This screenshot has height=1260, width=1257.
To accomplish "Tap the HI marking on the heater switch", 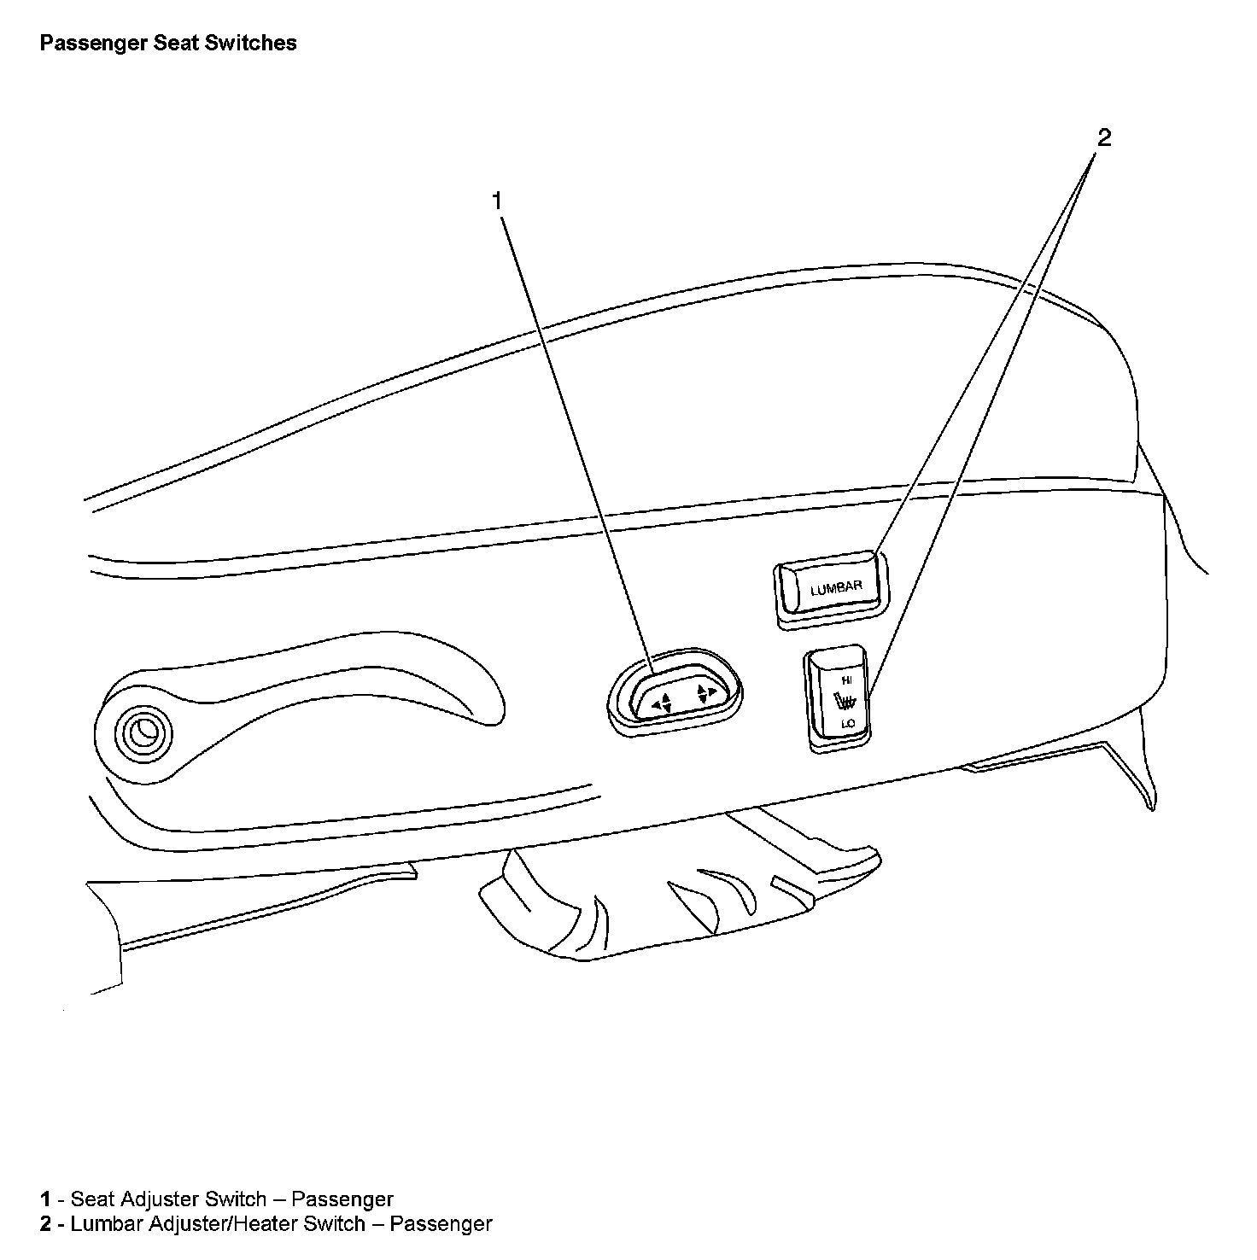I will pos(846,680).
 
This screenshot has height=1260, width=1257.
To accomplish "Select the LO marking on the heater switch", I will pos(847,723).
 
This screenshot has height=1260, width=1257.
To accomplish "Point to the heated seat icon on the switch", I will pos(845,703).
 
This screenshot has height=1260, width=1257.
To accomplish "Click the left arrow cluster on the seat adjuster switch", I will pos(662,703).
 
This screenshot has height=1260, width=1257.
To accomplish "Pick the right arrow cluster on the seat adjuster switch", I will pos(705,692).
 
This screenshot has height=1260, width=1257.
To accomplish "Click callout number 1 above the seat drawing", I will pos(496,201).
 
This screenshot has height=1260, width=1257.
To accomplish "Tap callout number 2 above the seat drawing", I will pos(1104,137).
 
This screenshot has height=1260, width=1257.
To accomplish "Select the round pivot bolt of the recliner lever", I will pos(141,730).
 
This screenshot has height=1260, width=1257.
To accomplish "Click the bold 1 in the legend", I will pos(45,1199).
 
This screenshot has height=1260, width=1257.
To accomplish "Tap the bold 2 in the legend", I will pos(45,1223).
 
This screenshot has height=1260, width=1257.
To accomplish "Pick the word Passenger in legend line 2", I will pos(441,1223).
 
